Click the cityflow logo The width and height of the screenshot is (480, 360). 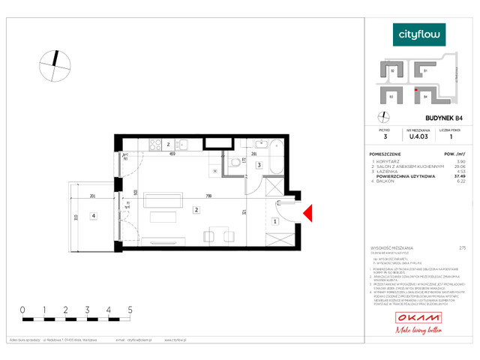(419, 34)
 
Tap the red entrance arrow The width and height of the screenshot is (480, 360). (307, 214)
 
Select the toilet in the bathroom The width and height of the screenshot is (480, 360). (235, 163)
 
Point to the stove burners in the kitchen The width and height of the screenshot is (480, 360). (156, 145)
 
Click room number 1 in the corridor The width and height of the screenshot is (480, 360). (275, 221)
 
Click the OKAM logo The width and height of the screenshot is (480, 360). (419, 319)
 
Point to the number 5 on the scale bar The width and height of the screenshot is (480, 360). (130, 309)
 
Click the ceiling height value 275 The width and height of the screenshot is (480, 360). (461, 247)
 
